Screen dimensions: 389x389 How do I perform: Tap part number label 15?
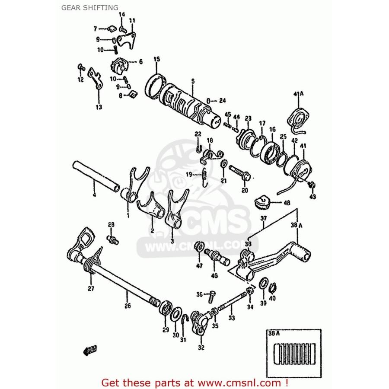tap(156, 59)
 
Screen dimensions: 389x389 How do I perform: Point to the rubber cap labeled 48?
tap(263, 201)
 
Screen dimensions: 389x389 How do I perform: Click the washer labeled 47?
tap(200, 247)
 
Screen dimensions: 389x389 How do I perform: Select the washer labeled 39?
tap(263, 284)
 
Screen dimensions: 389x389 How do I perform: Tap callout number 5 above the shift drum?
tap(181, 80)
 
